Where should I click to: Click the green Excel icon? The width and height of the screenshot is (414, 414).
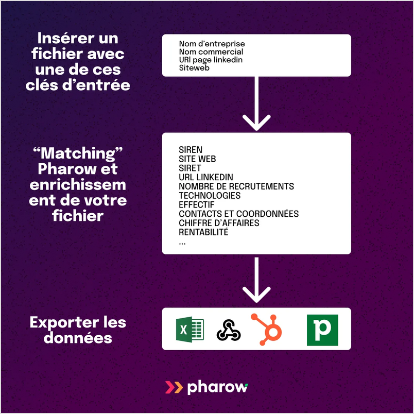(x=189, y=329)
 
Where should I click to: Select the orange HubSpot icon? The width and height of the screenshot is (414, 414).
(x=267, y=329)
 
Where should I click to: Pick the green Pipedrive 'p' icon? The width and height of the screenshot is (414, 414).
(x=322, y=330)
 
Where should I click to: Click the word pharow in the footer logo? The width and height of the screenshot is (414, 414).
(x=217, y=387)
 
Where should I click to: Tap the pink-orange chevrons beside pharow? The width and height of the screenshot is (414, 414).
(x=174, y=387)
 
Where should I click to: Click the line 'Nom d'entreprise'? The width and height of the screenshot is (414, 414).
(x=212, y=44)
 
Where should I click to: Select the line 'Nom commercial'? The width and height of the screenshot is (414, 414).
(x=211, y=52)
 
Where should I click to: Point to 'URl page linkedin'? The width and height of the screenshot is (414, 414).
(x=211, y=60)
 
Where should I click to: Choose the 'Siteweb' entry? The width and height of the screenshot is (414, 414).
(x=194, y=68)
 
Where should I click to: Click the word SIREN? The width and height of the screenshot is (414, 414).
(x=191, y=150)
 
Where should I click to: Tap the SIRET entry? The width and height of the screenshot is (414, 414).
(x=189, y=168)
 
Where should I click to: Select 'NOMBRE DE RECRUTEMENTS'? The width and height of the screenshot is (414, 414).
(x=236, y=186)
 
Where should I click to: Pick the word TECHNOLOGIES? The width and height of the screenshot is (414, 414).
(x=210, y=196)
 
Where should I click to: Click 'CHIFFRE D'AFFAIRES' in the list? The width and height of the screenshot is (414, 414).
(x=219, y=223)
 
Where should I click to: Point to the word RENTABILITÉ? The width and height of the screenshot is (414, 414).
(x=203, y=232)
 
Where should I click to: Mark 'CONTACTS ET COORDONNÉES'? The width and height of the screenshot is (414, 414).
(x=238, y=214)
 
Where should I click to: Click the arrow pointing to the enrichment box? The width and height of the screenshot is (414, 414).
(x=256, y=103)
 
